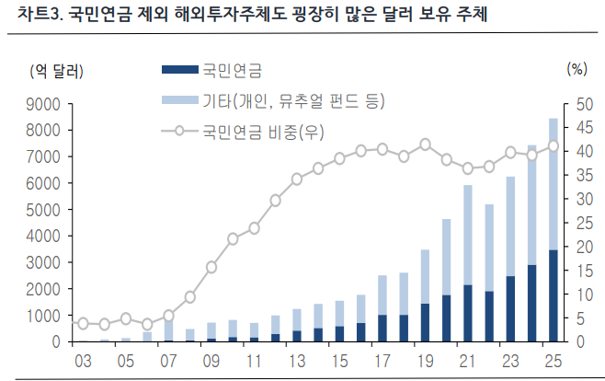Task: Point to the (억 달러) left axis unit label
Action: pos(56,70)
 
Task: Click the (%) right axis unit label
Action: pos(576,70)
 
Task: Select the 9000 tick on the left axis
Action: pos(43,104)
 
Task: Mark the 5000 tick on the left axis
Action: pos(43,210)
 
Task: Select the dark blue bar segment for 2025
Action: pos(553,294)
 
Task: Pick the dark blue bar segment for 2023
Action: pos(510,308)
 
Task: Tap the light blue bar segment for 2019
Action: pos(425,276)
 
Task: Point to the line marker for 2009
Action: pos(211,267)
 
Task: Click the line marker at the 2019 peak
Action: pos(425,144)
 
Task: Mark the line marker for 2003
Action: pos(83,323)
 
